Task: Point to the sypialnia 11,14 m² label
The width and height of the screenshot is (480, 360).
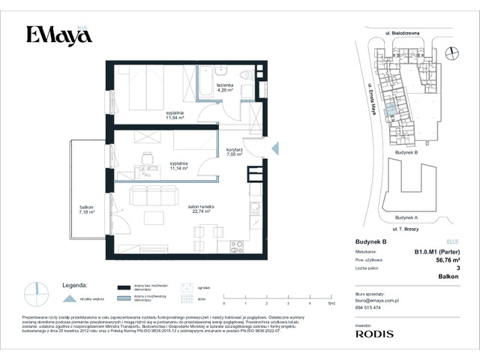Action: point(178,166)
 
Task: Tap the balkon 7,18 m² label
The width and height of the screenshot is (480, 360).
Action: point(83,211)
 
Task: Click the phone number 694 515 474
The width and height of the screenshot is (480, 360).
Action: point(367,307)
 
